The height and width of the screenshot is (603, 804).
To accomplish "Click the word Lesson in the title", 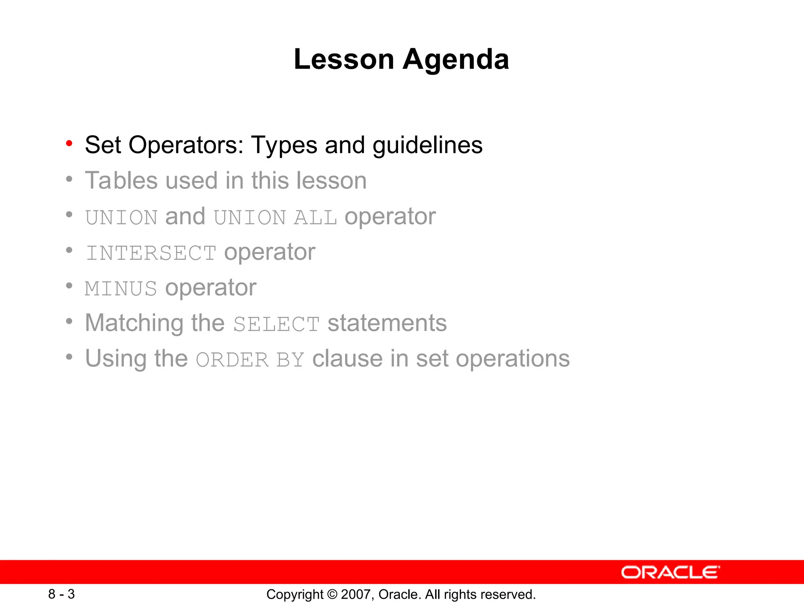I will coord(344,60).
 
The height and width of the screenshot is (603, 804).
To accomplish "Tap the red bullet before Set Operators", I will coord(69,143).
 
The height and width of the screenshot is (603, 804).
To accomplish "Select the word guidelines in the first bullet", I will coord(427,145).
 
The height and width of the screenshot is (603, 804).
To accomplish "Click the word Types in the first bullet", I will coord(284,145).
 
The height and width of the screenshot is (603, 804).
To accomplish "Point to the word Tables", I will coord(121,181).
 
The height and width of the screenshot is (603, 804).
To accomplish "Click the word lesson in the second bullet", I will coord(331,181).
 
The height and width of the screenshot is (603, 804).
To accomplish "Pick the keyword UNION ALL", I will coord(275,217).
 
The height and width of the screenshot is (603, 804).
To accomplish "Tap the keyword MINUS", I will coord(121,289).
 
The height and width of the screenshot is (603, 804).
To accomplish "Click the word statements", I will coord(387,323).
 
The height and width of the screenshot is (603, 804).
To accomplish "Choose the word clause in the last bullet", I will coord(347,359).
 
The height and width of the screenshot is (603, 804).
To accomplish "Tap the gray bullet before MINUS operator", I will coord(69,286).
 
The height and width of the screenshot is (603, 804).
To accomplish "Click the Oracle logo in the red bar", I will coord(670,572).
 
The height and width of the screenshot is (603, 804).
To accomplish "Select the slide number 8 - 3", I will coord(62,594).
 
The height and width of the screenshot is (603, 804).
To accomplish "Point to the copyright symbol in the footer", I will coord(332,594).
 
